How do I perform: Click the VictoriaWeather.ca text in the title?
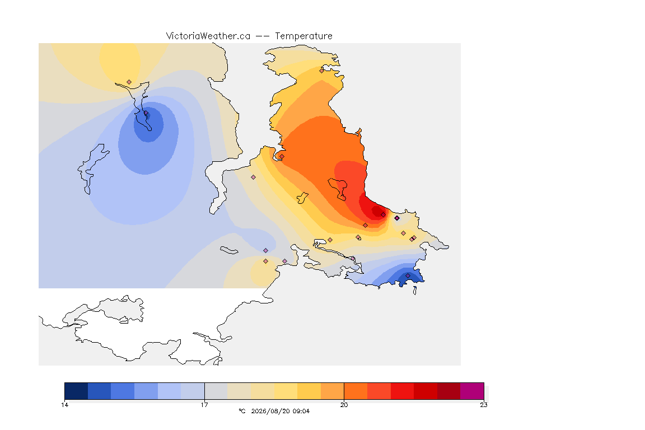coord(208,36)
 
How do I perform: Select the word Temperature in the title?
coord(303,36)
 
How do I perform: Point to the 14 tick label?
coord(64,405)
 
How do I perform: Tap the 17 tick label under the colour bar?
coord(204,405)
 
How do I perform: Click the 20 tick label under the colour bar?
coord(344,405)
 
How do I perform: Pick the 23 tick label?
coord(484,405)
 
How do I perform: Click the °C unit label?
coord(242,411)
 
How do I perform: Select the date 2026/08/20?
coord(270,411)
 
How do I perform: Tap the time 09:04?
coord(301,411)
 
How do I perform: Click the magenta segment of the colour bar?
coord(472,391)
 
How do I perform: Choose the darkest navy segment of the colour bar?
coord(76,391)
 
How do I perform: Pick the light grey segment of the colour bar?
coord(216,391)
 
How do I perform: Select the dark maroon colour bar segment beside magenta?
coord(449,391)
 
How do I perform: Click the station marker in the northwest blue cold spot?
coord(146,113)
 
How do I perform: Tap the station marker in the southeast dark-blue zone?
coord(408,275)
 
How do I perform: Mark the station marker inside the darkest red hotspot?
coord(384,215)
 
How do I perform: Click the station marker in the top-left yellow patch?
coord(129,82)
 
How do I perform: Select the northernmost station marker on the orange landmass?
coord(322,71)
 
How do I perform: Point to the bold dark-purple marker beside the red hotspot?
coord(397,218)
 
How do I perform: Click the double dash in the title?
coord(263,36)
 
